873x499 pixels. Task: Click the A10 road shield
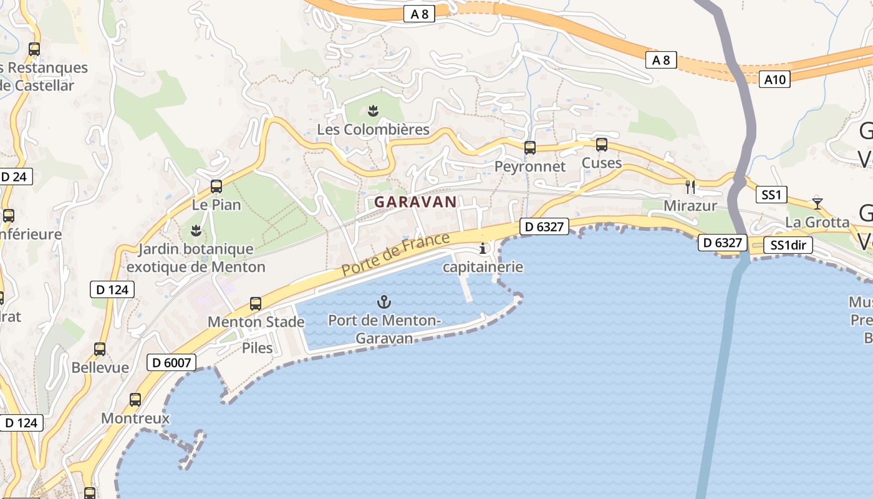tap(774, 79)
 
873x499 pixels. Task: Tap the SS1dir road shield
tap(788, 245)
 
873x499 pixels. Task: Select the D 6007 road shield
tap(171, 362)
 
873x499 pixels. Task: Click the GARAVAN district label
tap(415, 202)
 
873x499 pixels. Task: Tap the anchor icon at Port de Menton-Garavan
tap(384, 303)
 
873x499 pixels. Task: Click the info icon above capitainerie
tap(483, 249)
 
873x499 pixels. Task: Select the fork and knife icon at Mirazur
tap(690, 186)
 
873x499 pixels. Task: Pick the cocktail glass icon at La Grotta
tap(817, 203)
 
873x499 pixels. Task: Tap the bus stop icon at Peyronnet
tap(530, 148)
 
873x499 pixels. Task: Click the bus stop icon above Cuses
tap(602, 145)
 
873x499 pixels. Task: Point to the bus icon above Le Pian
tap(216, 186)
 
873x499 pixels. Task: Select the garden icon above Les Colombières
tap(373, 111)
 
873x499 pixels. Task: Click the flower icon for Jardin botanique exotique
tap(196, 231)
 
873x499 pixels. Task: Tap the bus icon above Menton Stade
tap(256, 304)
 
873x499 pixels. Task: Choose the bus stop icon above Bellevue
tap(100, 349)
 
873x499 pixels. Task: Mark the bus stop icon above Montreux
tap(135, 400)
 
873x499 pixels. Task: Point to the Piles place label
tap(258, 347)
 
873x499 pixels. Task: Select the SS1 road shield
tap(771, 195)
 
